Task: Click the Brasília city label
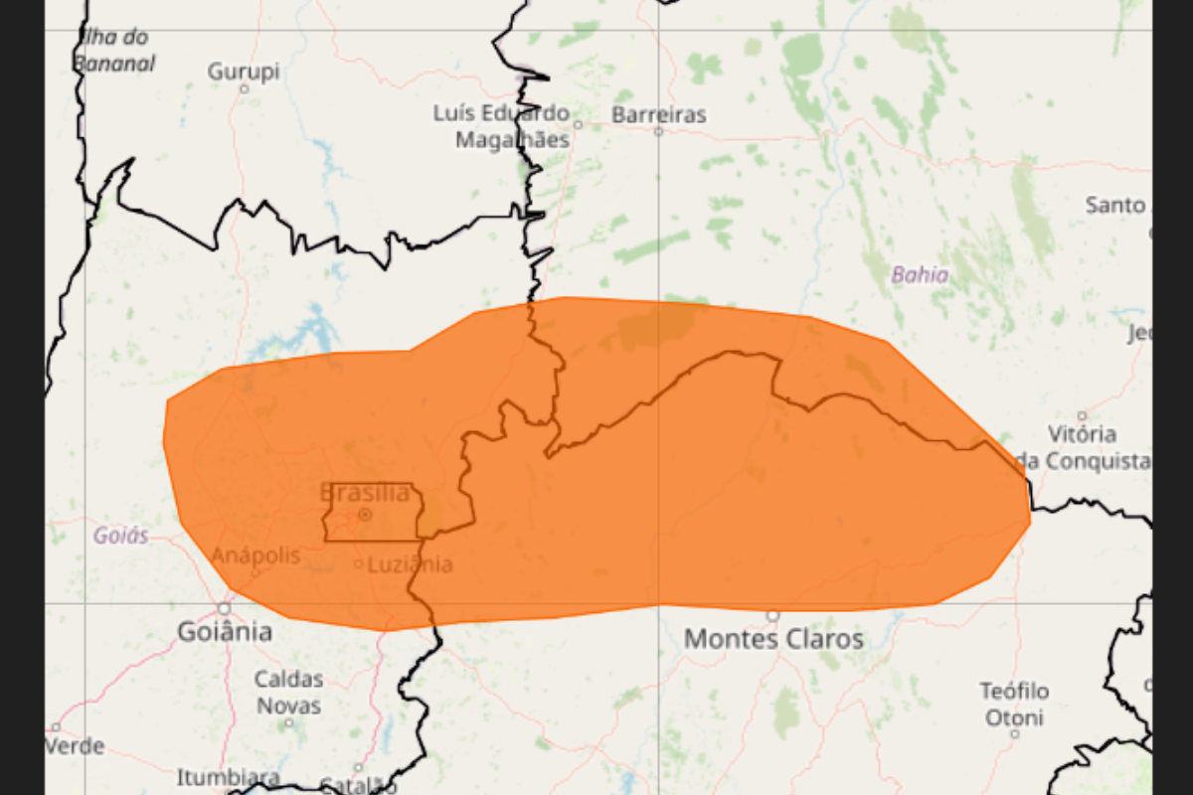click(x=365, y=493)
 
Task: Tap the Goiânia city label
click(x=225, y=632)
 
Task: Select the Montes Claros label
click(x=773, y=639)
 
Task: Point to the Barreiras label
click(x=658, y=114)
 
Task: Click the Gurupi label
click(x=244, y=72)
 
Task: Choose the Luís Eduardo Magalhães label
click(x=501, y=126)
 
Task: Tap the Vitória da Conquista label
click(x=1084, y=447)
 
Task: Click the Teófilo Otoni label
click(x=1014, y=704)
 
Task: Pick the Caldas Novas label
click(x=289, y=693)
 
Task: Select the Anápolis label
click(x=256, y=556)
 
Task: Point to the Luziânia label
click(x=410, y=564)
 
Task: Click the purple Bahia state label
click(x=920, y=275)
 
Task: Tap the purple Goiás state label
click(x=120, y=536)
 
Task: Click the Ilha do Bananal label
click(x=113, y=51)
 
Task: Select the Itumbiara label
click(x=228, y=776)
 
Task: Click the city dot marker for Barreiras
click(x=658, y=130)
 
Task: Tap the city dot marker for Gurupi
click(x=244, y=88)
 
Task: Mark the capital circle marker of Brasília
click(x=365, y=514)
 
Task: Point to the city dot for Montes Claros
click(x=772, y=616)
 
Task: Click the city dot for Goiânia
click(x=224, y=608)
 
